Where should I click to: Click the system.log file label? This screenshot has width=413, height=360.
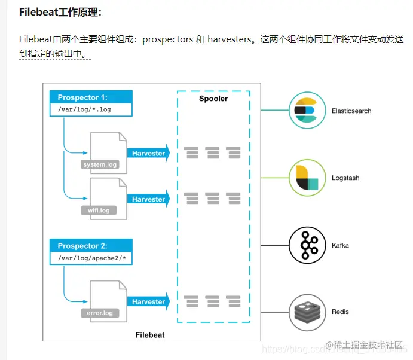tap(100, 164)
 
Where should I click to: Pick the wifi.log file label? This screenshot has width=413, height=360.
tap(99, 210)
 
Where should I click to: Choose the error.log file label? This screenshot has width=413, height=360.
tap(99, 313)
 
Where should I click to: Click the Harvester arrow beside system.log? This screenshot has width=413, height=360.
tap(149, 153)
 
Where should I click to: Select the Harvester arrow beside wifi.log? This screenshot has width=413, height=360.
tap(149, 199)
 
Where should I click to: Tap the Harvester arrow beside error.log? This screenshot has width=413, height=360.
tap(149, 302)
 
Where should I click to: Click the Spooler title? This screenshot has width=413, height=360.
tap(213, 99)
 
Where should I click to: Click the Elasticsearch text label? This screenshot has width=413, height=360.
tap(351, 111)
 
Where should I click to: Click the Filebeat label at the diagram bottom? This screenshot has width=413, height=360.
tap(150, 335)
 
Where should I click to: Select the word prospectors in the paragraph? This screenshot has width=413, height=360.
tap(167, 39)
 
